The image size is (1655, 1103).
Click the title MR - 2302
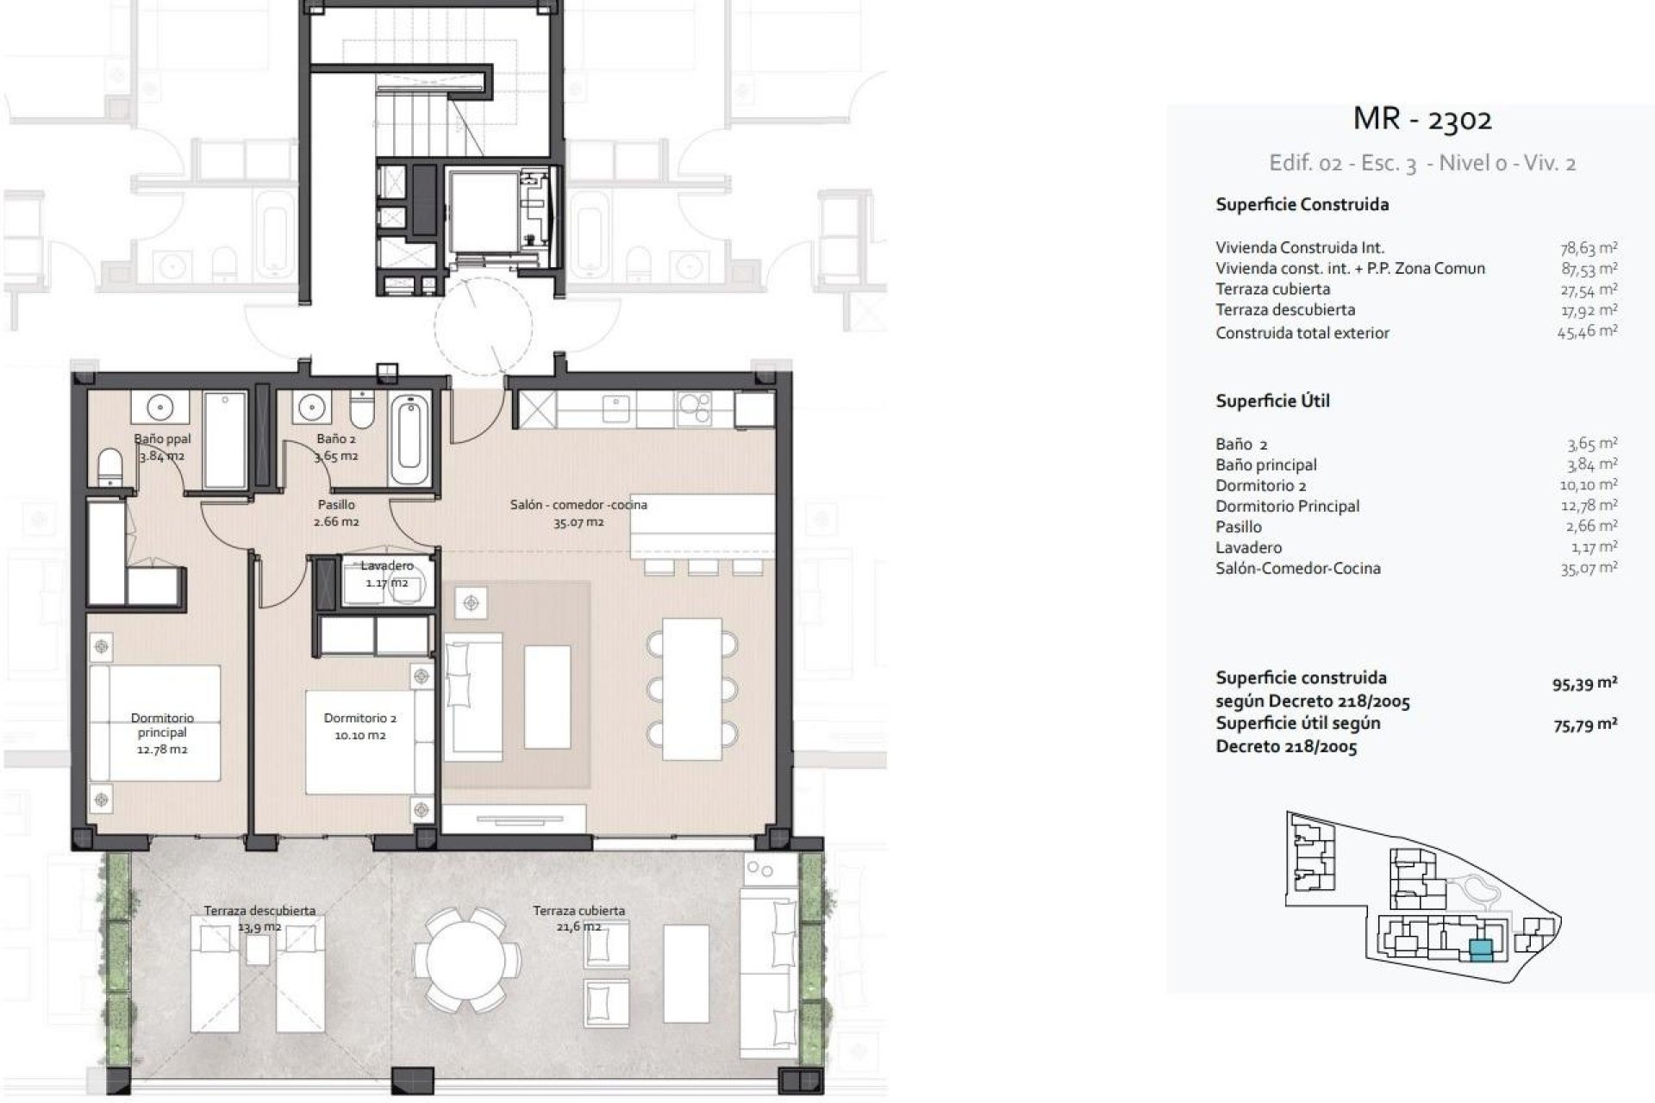(1422, 119)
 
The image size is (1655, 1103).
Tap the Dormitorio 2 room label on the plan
(360, 726)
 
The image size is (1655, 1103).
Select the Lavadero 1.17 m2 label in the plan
(387, 574)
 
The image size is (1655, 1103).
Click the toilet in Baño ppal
(110, 469)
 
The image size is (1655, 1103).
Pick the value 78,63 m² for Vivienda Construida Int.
(1588, 248)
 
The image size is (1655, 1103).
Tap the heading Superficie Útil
(1272, 401)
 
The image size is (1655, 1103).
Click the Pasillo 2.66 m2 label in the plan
(337, 513)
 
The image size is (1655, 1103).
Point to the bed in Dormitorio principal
(155, 722)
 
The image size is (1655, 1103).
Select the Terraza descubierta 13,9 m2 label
(259, 918)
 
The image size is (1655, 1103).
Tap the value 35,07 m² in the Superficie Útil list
(1588, 568)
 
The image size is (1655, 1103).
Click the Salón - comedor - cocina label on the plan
(578, 513)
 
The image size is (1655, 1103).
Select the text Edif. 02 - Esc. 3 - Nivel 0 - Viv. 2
(1422, 164)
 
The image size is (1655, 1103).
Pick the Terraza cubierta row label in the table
(1272, 290)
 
